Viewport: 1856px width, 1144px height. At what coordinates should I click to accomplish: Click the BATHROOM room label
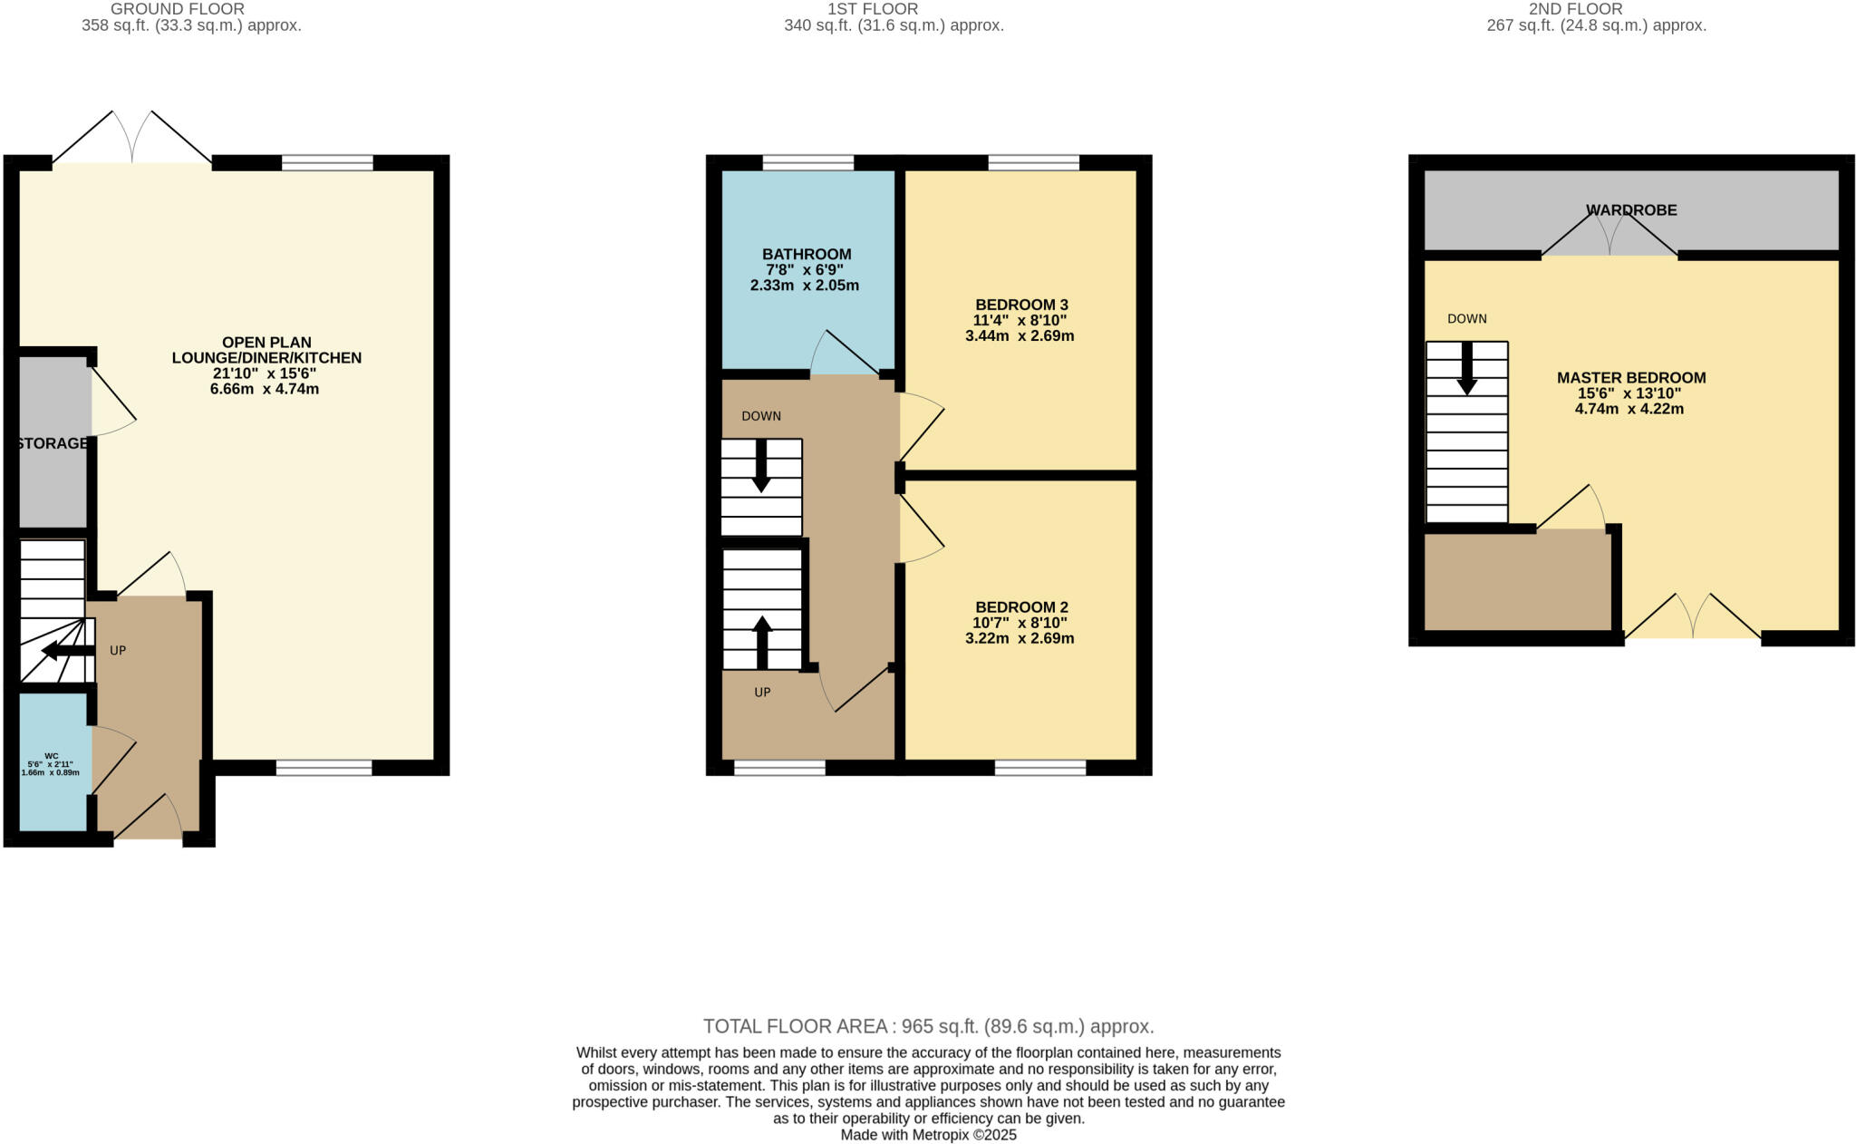coord(806,254)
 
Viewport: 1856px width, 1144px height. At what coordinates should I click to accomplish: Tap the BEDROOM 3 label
coord(1020,305)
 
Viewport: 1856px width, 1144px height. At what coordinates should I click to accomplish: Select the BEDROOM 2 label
coord(1020,607)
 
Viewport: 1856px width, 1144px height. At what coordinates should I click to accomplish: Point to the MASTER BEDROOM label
coord(1630,378)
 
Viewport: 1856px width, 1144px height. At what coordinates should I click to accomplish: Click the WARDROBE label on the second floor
coord(1630,210)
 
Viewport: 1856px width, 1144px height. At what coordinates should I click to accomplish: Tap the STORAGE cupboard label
coord(53,443)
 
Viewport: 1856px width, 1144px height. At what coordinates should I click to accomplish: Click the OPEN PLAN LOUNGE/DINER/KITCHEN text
coord(266,350)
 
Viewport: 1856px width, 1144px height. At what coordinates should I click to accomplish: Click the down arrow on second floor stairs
coord(1466,368)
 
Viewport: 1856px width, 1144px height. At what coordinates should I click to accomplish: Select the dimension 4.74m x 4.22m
coord(1629,409)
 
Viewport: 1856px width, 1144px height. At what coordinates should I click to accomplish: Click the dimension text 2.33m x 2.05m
coord(804,286)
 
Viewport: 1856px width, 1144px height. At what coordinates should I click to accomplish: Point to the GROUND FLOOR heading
coord(177,9)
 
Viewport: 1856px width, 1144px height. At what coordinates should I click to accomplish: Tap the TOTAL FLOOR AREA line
coord(928,1026)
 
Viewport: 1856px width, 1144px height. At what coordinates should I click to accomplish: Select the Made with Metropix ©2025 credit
coord(928,1135)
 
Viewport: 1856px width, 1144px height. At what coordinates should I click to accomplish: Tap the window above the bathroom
coord(807,163)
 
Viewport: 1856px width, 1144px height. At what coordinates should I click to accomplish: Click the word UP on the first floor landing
coord(762,693)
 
